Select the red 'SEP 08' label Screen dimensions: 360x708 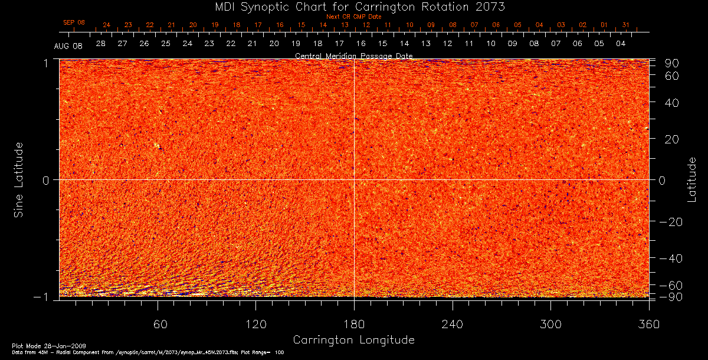[x=74, y=22]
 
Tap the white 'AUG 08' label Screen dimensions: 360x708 [x=68, y=45]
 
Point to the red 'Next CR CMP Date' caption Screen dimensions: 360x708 [x=353, y=17]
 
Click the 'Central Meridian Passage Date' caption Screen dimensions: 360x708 [x=353, y=55]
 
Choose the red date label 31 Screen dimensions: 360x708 [x=625, y=25]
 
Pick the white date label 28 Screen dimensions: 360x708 [x=101, y=44]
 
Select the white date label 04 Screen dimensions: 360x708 [x=621, y=44]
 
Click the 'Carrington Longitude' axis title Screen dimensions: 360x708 [x=353, y=340]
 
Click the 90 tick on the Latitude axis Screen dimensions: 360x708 [x=674, y=63]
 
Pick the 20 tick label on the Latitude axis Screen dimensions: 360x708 [x=674, y=139]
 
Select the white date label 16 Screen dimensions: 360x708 [x=360, y=44]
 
